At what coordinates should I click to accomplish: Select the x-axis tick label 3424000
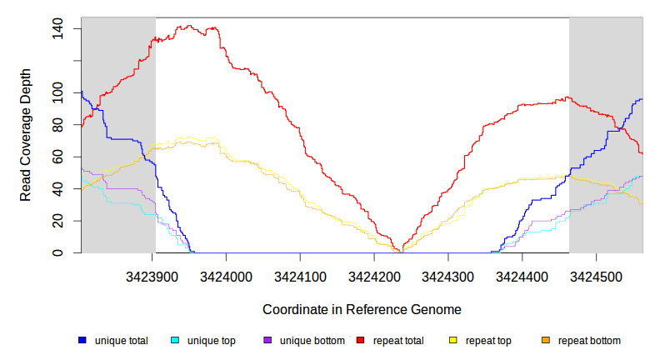[x=227, y=276]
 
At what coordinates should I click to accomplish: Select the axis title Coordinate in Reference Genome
[x=362, y=309]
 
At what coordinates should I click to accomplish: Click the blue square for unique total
[x=82, y=340]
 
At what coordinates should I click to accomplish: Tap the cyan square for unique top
[x=175, y=340]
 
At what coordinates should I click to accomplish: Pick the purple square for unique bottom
[x=267, y=340]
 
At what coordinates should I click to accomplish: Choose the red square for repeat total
[x=361, y=340]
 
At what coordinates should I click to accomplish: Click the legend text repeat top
[x=488, y=340]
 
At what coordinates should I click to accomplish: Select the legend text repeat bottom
[x=589, y=340]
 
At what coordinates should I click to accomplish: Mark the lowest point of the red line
[x=401, y=251]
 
